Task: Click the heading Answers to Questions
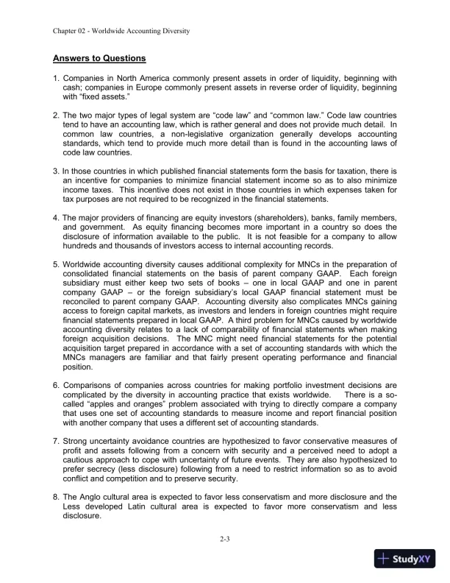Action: [99, 57]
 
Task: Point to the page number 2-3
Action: [225, 540]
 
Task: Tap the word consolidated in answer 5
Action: [90, 275]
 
